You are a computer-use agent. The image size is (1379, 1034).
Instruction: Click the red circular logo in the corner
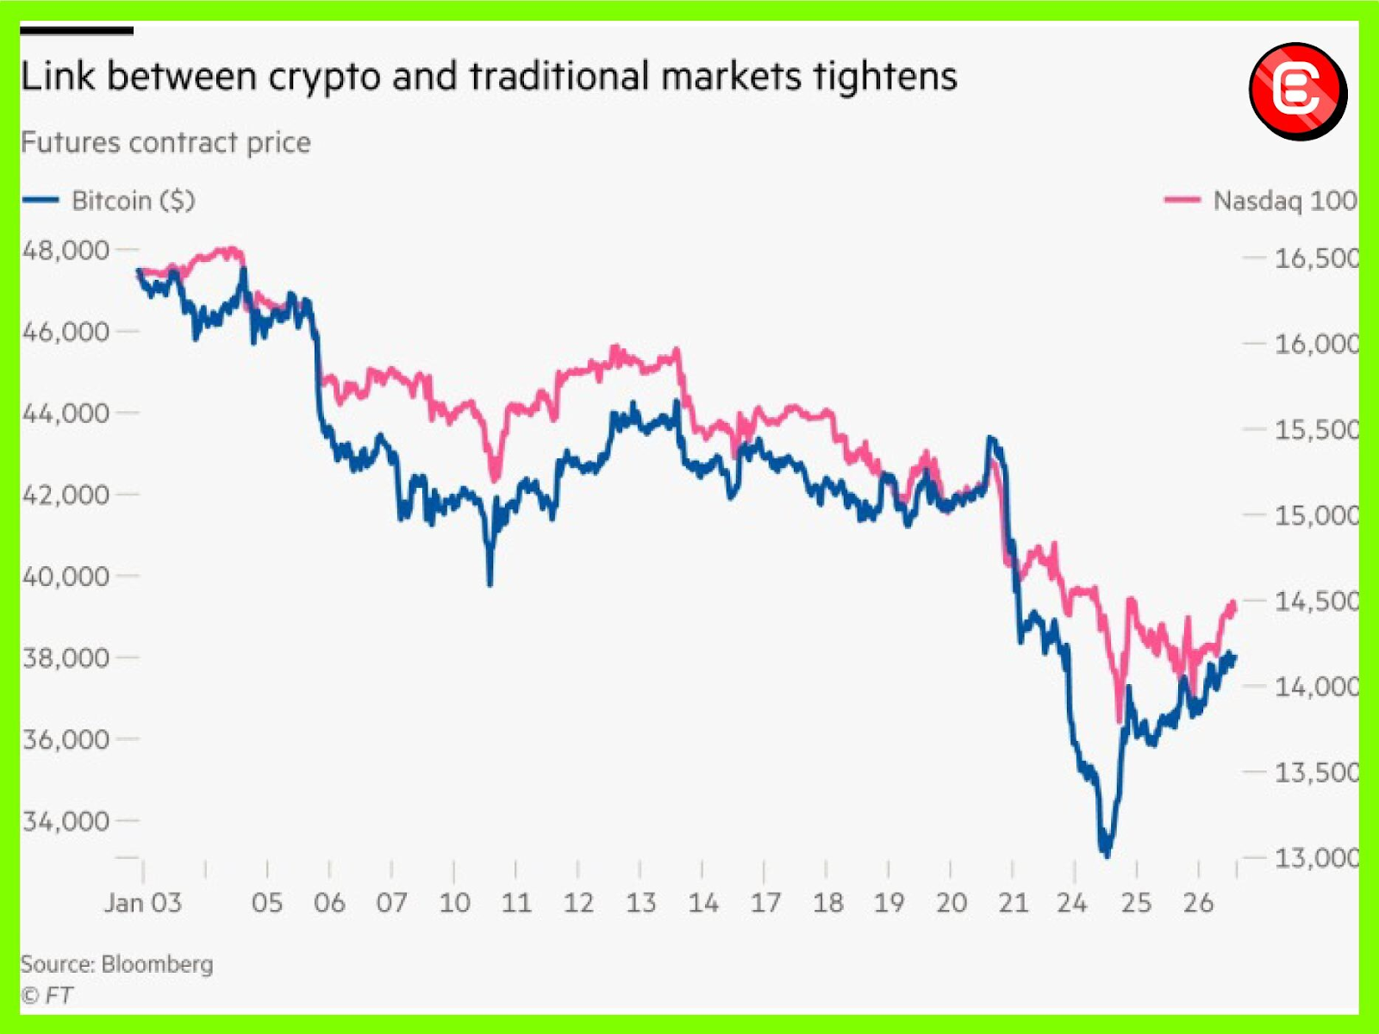(1297, 90)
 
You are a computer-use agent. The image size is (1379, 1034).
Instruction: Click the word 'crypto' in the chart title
(325, 78)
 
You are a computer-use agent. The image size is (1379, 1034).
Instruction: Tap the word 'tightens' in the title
(885, 78)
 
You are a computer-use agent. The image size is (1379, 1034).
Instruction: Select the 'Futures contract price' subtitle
(165, 142)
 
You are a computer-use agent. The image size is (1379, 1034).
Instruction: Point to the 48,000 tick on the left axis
(66, 251)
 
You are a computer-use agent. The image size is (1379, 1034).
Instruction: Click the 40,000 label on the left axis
(66, 576)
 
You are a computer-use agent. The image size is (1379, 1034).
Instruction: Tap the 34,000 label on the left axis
(66, 821)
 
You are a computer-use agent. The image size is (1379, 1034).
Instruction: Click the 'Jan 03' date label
(143, 903)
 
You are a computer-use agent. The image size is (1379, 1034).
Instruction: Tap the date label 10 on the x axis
(454, 903)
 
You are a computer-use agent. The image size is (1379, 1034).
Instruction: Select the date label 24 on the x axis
(1073, 903)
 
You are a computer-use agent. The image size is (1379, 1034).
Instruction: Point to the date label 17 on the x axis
(764, 903)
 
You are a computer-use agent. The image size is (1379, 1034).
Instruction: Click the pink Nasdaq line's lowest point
(1120, 719)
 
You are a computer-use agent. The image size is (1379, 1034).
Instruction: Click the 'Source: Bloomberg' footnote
(116, 963)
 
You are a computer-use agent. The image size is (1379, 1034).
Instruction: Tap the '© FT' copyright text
(47, 995)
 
